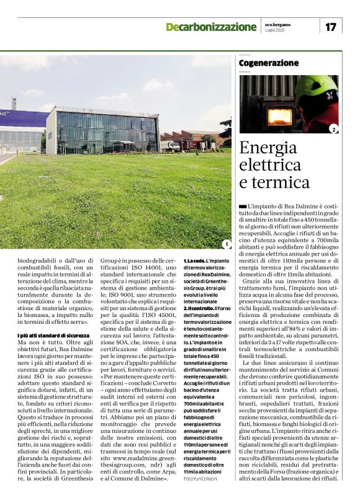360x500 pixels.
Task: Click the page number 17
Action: click(x=330, y=27)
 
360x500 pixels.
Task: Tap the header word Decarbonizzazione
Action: click(x=210, y=27)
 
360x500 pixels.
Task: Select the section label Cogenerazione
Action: click(x=268, y=63)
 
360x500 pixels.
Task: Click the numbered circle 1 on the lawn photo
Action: click(x=226, y=244)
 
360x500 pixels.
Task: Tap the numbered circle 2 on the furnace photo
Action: click(x=333, y=129)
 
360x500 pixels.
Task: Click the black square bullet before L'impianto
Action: click(x=242, y=205)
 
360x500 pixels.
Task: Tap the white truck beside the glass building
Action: click(x=168, y=146)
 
